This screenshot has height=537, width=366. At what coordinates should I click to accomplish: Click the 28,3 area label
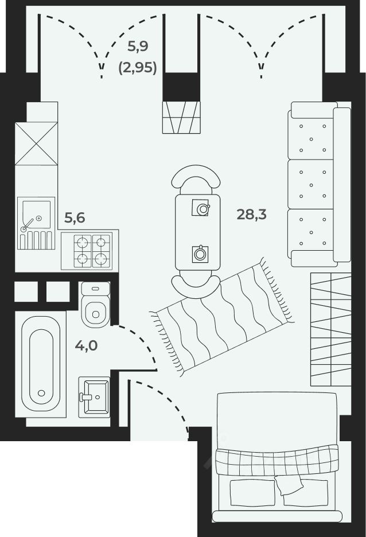(x=251, y=215)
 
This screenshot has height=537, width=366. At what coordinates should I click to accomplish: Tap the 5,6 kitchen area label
(x=75, y=218)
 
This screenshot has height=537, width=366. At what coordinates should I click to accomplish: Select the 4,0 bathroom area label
(x=86, y=345)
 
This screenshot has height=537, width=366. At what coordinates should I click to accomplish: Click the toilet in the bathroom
(x=96, y=305)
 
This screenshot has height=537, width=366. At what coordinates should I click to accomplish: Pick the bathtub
(x=41, y=363)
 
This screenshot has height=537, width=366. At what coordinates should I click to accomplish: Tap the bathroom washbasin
(x=94, y=397)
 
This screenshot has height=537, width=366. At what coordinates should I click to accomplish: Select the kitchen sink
(x=36, y=223)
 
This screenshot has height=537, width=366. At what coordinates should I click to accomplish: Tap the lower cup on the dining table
(x=200, y=254)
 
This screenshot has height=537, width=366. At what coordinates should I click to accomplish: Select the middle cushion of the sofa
(x=311, y=184)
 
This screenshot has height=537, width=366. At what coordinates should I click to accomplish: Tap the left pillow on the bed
(x=252, y=493)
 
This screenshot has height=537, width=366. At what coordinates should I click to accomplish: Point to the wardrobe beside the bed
(x=331, y=329)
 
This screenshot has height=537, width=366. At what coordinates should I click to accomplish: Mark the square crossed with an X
(x=36, y=143)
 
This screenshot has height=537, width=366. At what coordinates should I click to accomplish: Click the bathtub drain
(x=41, y=393)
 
